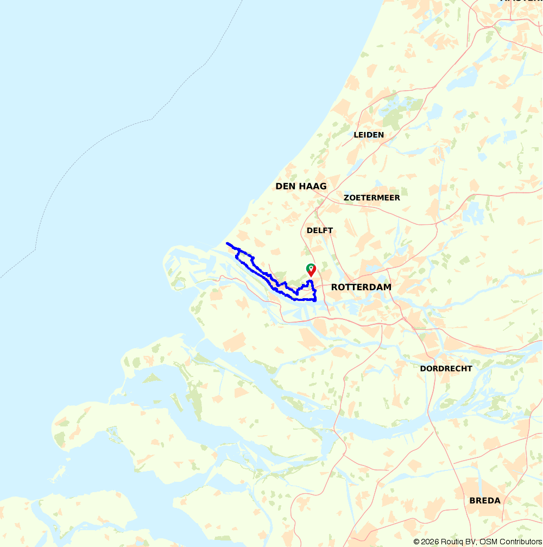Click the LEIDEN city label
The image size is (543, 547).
(369, 135)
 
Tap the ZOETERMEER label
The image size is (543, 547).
(372, 198)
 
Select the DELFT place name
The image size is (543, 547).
(320, 230)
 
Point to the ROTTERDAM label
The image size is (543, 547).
(361, 287)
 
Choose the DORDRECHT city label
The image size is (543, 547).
(446, 368)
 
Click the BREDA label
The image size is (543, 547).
(485, 500)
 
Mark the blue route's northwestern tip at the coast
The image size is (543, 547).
(227, 243)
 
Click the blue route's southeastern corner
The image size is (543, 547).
(315, 299)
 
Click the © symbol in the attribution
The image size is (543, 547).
(416, 542)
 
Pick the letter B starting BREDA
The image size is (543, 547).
(472, 500)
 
